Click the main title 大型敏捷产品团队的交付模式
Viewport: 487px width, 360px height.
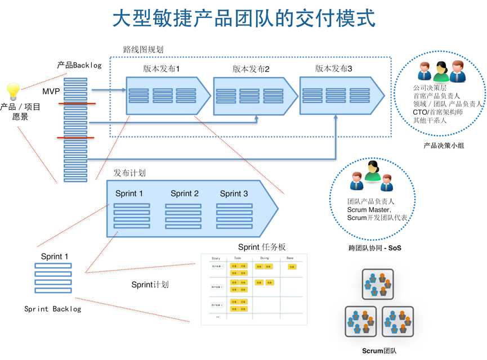pyautogui.click(x=243, y=19)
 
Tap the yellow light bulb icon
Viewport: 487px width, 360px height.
pyautogui.click(x=12, y=90)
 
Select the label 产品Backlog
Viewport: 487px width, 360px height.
pyautogui.click(x=79, y=65)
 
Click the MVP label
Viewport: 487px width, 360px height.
pyautogui.click(x=51, y=91)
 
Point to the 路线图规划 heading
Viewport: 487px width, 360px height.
pyautogui.click(x=143, y=49)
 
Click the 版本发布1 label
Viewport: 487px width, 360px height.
pyautogui.click(x=161, y=69)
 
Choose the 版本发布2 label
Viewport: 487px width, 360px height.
pyautogui.click(x=251, y=69)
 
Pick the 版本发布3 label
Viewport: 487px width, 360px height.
pyautogui.click(x=333, y=69)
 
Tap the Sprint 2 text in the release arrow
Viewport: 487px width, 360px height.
pyautogui.click(x=184, y=193)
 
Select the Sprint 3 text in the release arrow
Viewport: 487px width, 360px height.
pyautogui.click(x=234, y=193)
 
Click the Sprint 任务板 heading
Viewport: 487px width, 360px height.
pyautogui.click(x=262, y=247)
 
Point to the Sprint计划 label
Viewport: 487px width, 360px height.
pyautogui.click(x=150, y=285)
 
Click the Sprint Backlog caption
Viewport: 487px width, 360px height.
pyautogui.click(x=53, y=309)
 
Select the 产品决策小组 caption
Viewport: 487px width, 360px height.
pyautogui.click(x=444, y=145)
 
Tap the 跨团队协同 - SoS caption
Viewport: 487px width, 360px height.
pyautogui.click(x=375, y=247)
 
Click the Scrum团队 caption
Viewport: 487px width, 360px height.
pyautogui.click(x=379, y=351)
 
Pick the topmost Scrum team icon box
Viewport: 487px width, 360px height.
pyautogui.click(x=377, y=284)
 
